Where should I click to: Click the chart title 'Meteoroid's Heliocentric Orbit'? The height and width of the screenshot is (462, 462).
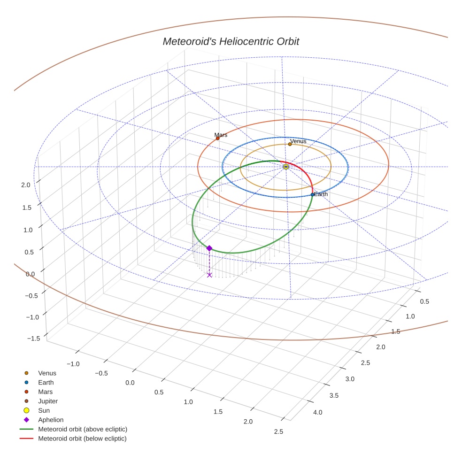tap(231, 41)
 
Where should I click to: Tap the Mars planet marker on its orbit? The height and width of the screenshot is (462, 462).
tap(217, 138)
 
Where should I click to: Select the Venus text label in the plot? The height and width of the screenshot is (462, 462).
tap(298, 141)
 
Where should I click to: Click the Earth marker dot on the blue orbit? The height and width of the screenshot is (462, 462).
tap(312, 194)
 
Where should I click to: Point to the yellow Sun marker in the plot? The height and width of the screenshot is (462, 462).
tap(285, 167)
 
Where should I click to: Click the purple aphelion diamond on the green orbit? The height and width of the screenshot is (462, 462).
tap(209, 248)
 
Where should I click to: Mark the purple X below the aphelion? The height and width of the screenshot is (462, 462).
tap(209, 275)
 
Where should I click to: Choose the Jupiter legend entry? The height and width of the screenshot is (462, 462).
tap(47, 401)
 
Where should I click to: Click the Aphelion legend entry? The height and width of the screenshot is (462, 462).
tap(50, 420)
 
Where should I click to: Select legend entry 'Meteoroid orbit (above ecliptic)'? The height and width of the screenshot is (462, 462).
tap(82, 429)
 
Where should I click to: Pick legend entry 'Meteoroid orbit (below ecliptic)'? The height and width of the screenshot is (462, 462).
tap(82, 439)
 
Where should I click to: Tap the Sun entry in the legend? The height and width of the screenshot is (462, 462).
tap(44, 410)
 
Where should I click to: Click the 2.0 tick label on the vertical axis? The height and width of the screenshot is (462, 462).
tap(26, 185)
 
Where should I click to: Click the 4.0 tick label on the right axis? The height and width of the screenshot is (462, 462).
tap(317, 412)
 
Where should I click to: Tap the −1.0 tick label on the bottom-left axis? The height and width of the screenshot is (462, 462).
tap(73, 364)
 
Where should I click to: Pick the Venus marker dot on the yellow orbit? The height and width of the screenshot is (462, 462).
tap(290, 144)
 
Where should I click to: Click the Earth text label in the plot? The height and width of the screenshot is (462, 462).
tap(321, 194)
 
